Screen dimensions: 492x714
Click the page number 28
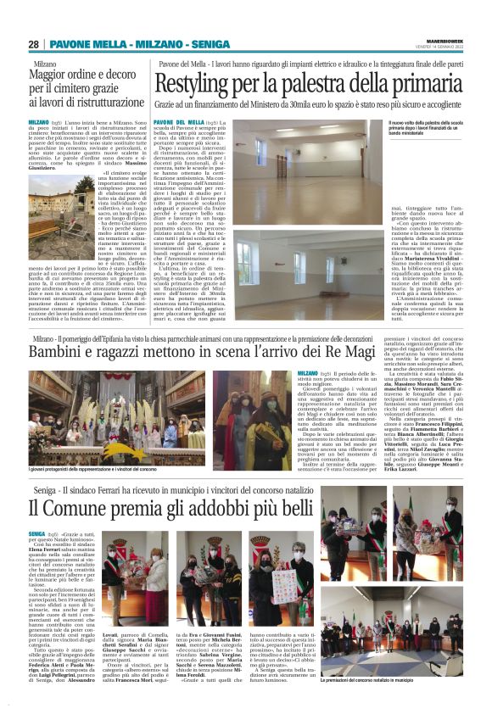tap(33, 44)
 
